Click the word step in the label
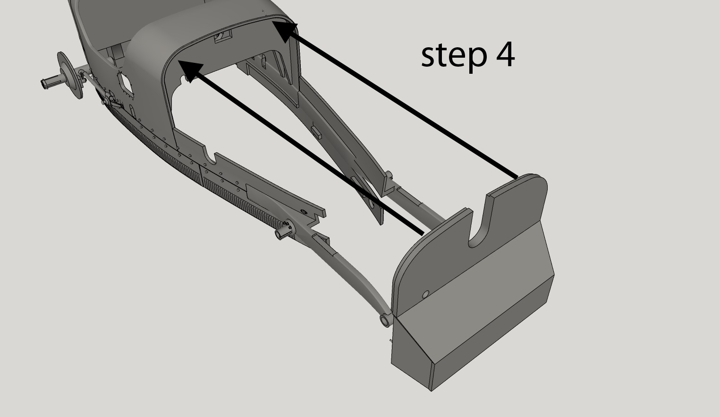[x=454, y=56]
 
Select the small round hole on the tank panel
[x=425, y=294]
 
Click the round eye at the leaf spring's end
[x=385, y=321]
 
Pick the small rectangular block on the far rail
[x=316, y=131]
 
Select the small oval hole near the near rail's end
[x=303, y=211]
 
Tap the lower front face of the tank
[x=491, y=340]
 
